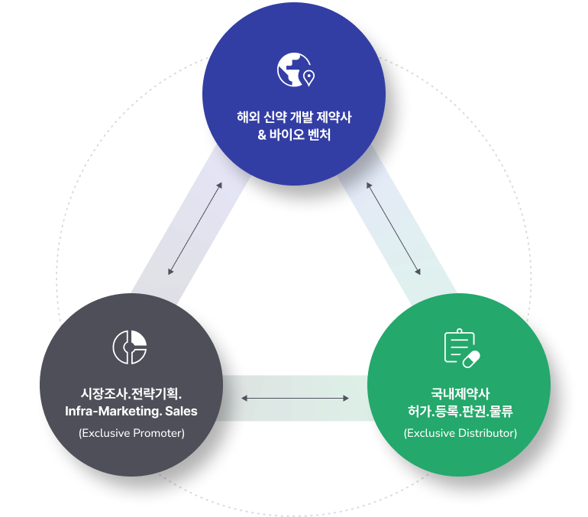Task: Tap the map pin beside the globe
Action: click(309, 78)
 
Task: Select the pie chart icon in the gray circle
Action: click(130, 347)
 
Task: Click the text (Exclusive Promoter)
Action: click(131, 433)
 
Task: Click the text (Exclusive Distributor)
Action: click(460, 433)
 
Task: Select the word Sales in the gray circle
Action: click(181, 412)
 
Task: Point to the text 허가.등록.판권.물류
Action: click(460, 412)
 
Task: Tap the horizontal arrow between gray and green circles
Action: click(296, 398)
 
